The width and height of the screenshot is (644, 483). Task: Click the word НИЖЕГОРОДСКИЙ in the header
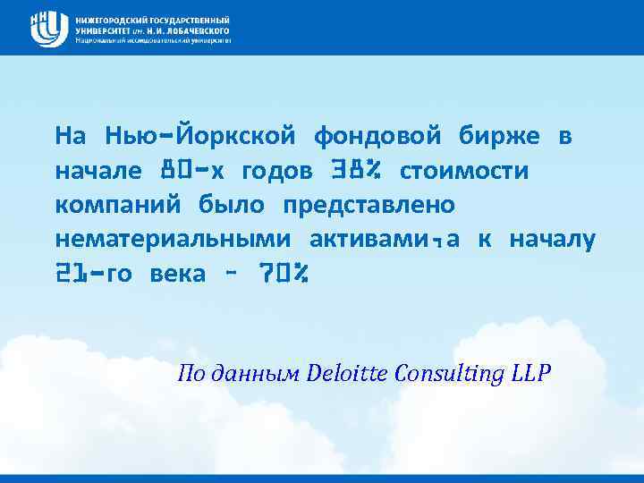pos(112,19)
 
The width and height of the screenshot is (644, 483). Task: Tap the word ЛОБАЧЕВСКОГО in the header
pos(191,30)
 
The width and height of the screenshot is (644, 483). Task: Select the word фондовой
pos(377,136)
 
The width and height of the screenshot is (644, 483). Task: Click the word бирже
pos(499,136)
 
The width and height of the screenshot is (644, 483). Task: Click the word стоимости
pos(464,171)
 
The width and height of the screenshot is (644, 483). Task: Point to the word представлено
pos(369,205)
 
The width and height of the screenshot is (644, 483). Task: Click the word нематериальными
pos(173,240)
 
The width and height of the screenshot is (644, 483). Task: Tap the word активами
pos(371,240)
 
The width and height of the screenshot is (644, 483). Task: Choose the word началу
pos(552,240)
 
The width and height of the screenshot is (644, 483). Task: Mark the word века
pos(179,274)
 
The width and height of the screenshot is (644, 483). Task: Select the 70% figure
pos(284,274)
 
